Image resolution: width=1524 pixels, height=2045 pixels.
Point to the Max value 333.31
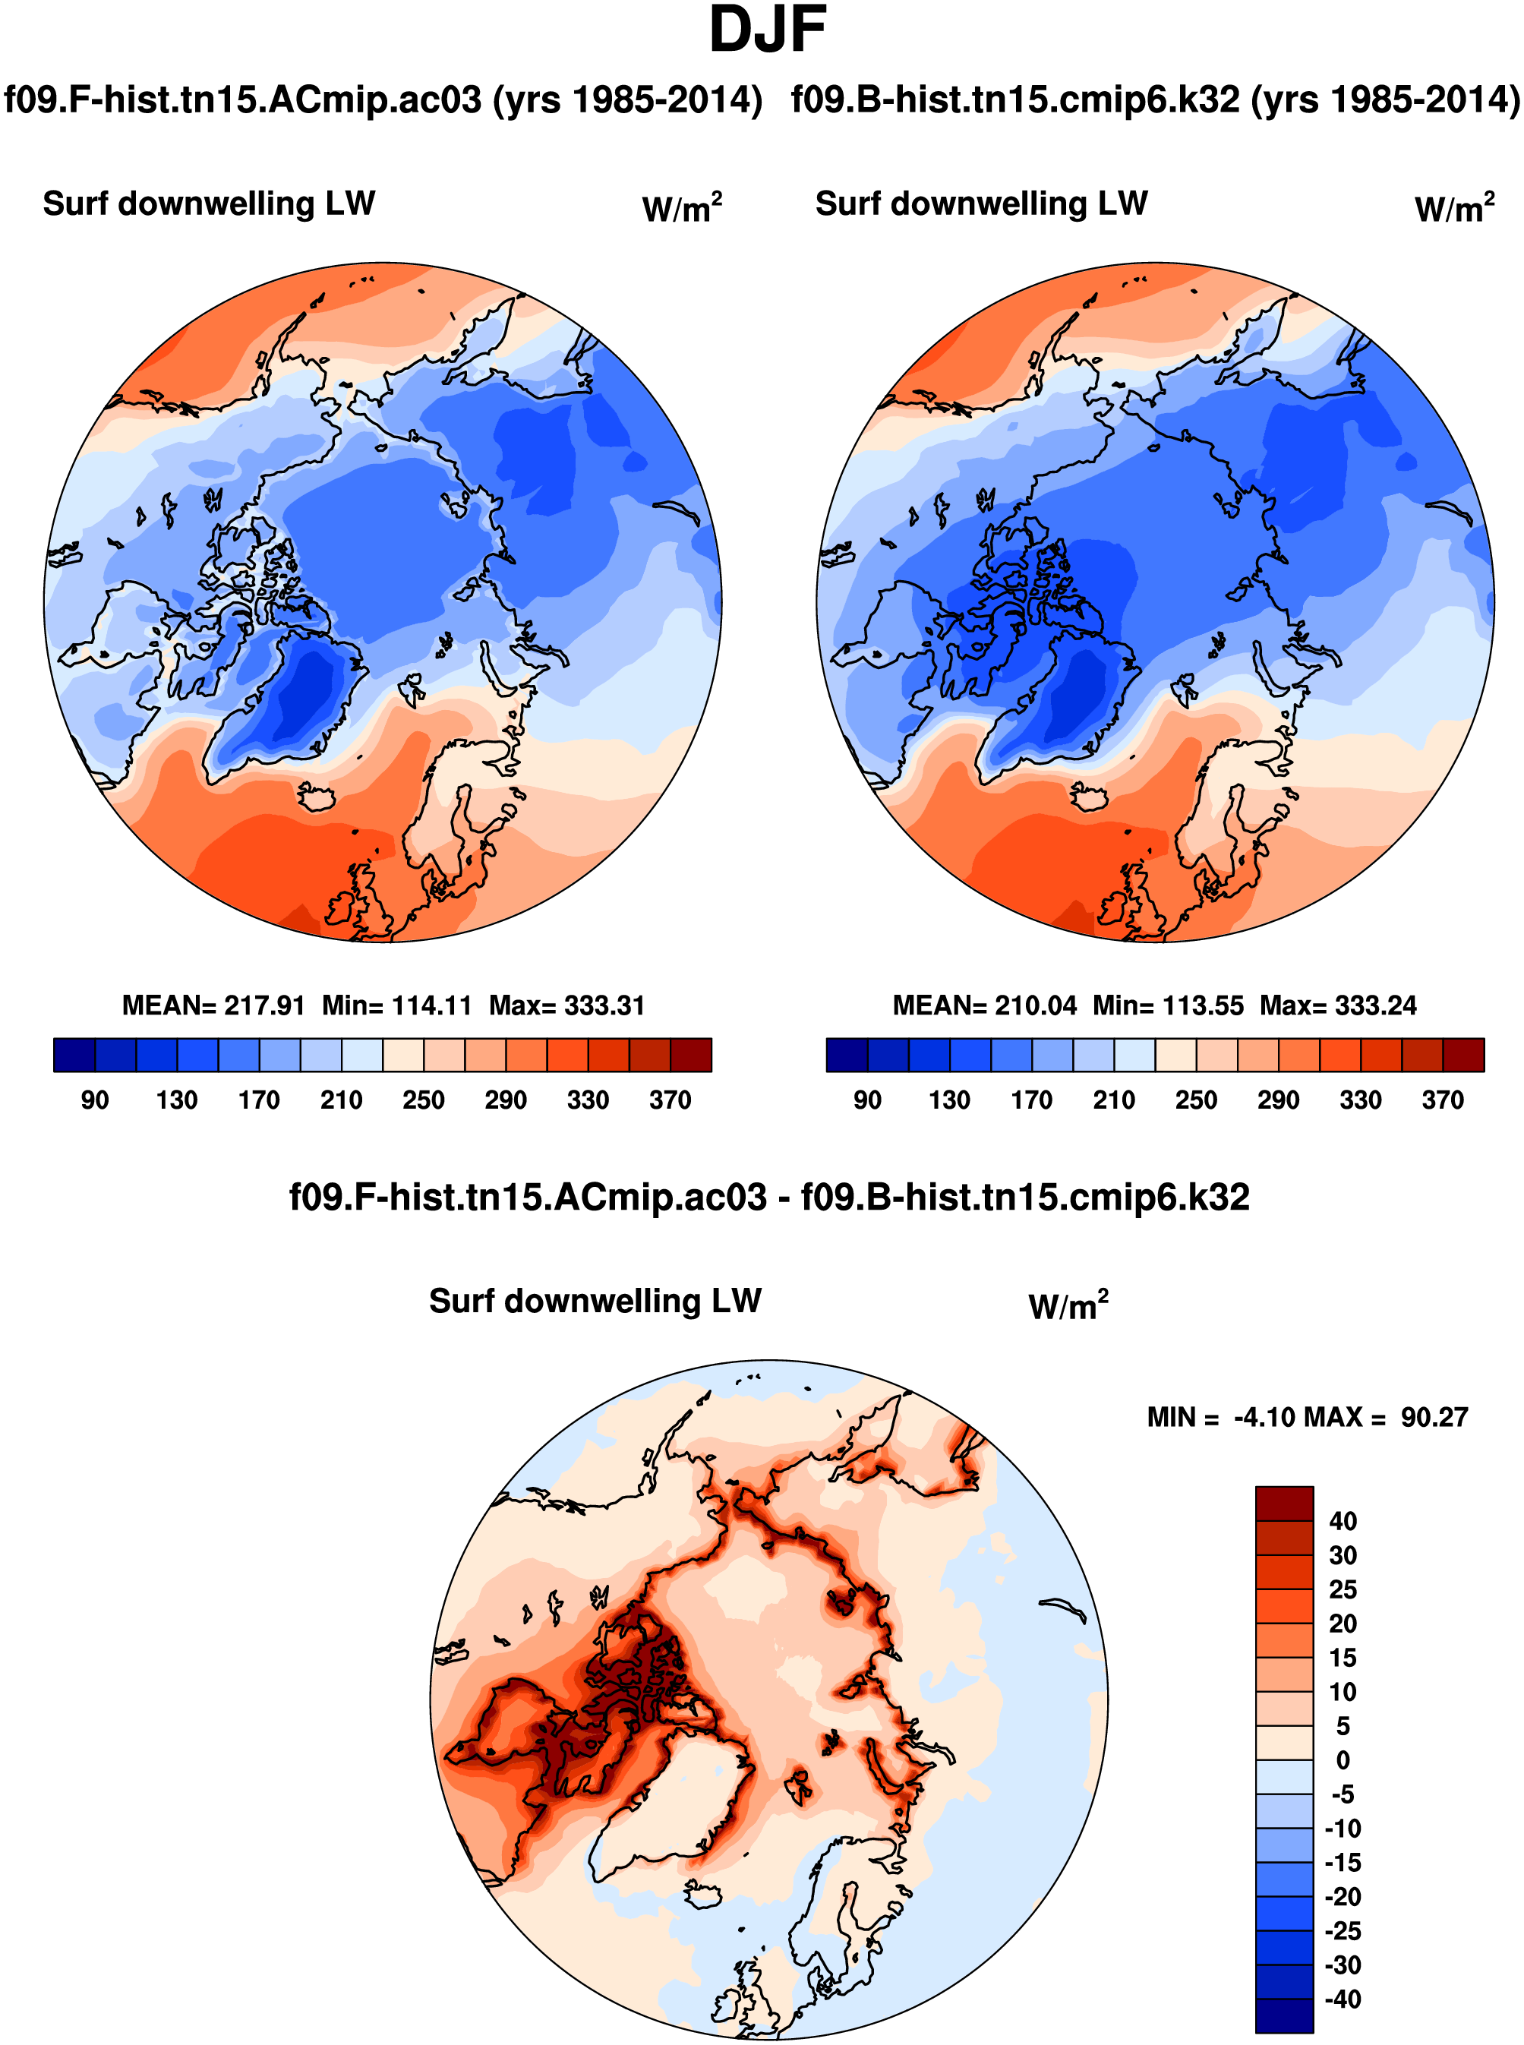point(606,1005)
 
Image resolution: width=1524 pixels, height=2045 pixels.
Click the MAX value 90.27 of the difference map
point(1434,1417)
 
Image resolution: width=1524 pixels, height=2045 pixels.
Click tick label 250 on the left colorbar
point(424,1100)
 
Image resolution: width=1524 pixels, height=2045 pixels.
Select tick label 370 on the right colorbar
point(1443,1100)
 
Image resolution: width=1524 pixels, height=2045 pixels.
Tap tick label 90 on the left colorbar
point(94,1100)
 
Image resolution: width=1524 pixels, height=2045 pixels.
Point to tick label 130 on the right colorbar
point(949,1100)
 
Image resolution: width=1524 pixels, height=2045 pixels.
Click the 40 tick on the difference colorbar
point(1343,1521)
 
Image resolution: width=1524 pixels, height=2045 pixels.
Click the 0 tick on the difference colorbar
point(1343,1760)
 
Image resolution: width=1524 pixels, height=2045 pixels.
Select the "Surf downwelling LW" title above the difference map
point(595,1301)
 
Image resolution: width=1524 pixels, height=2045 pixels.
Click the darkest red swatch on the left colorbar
point(691,1054)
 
